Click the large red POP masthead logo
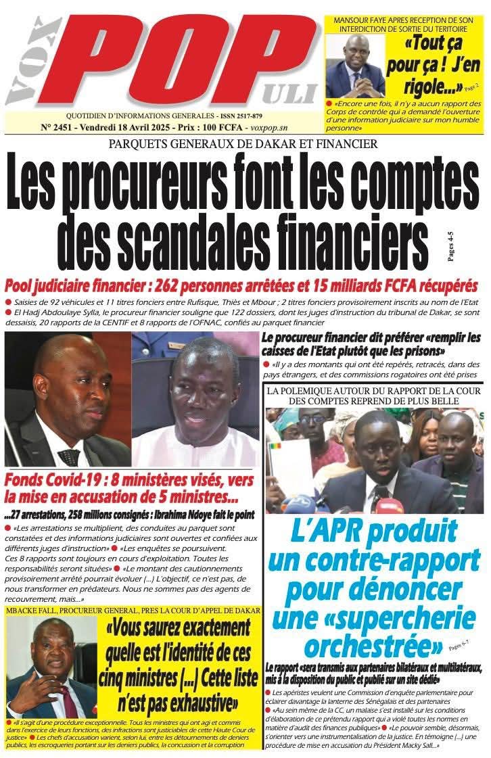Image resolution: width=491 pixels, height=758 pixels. (183, 61)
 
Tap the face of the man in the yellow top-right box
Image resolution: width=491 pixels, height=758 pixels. (356, 52)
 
